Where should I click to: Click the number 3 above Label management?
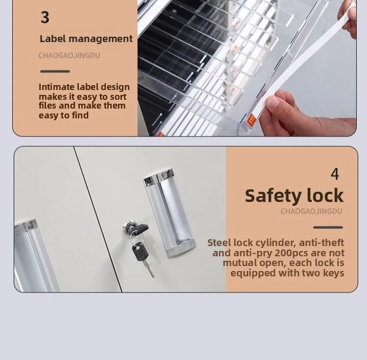(x=45, y=17)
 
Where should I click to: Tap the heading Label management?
(x=86, y=39)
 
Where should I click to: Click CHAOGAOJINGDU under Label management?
(x=69, y=55)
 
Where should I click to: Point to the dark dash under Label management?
(x=55, y=71)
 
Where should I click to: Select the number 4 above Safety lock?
(x=335, y=174)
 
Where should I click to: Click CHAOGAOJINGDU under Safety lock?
(x=311, y=211)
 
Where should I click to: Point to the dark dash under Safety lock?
(x=328, y=227)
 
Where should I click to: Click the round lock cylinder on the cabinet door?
(x=131, y=228)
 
